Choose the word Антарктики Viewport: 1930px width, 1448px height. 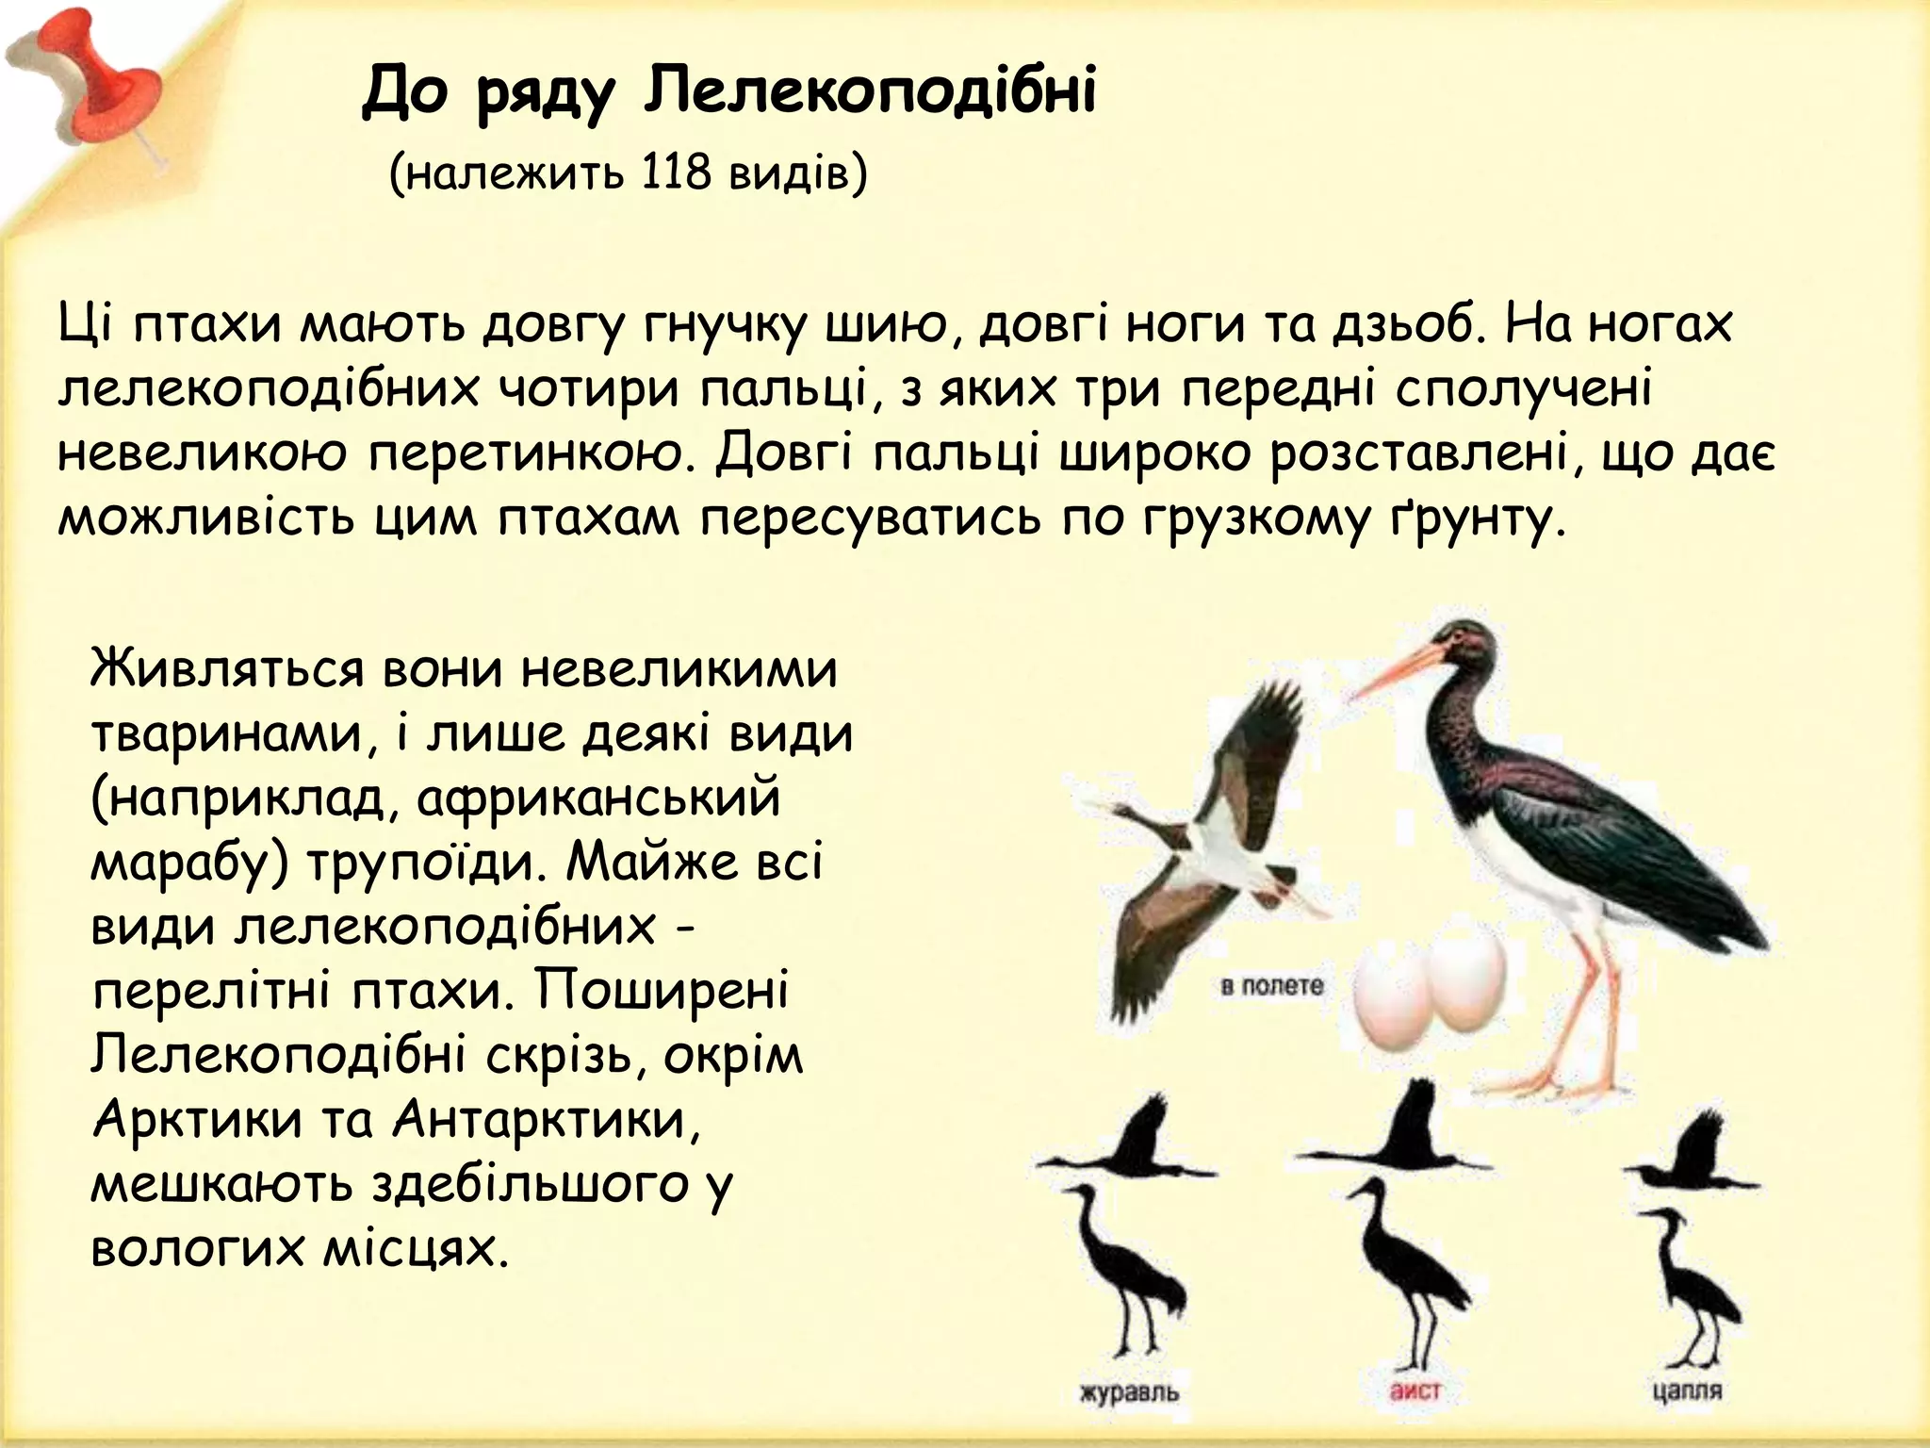pos(546,1120)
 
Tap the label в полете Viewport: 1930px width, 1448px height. pos(1271,987)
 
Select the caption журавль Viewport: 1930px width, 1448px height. pos(1129,1391)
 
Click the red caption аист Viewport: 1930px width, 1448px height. pos(1415,1391)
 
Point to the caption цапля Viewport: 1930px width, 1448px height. pos(1687,1390)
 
